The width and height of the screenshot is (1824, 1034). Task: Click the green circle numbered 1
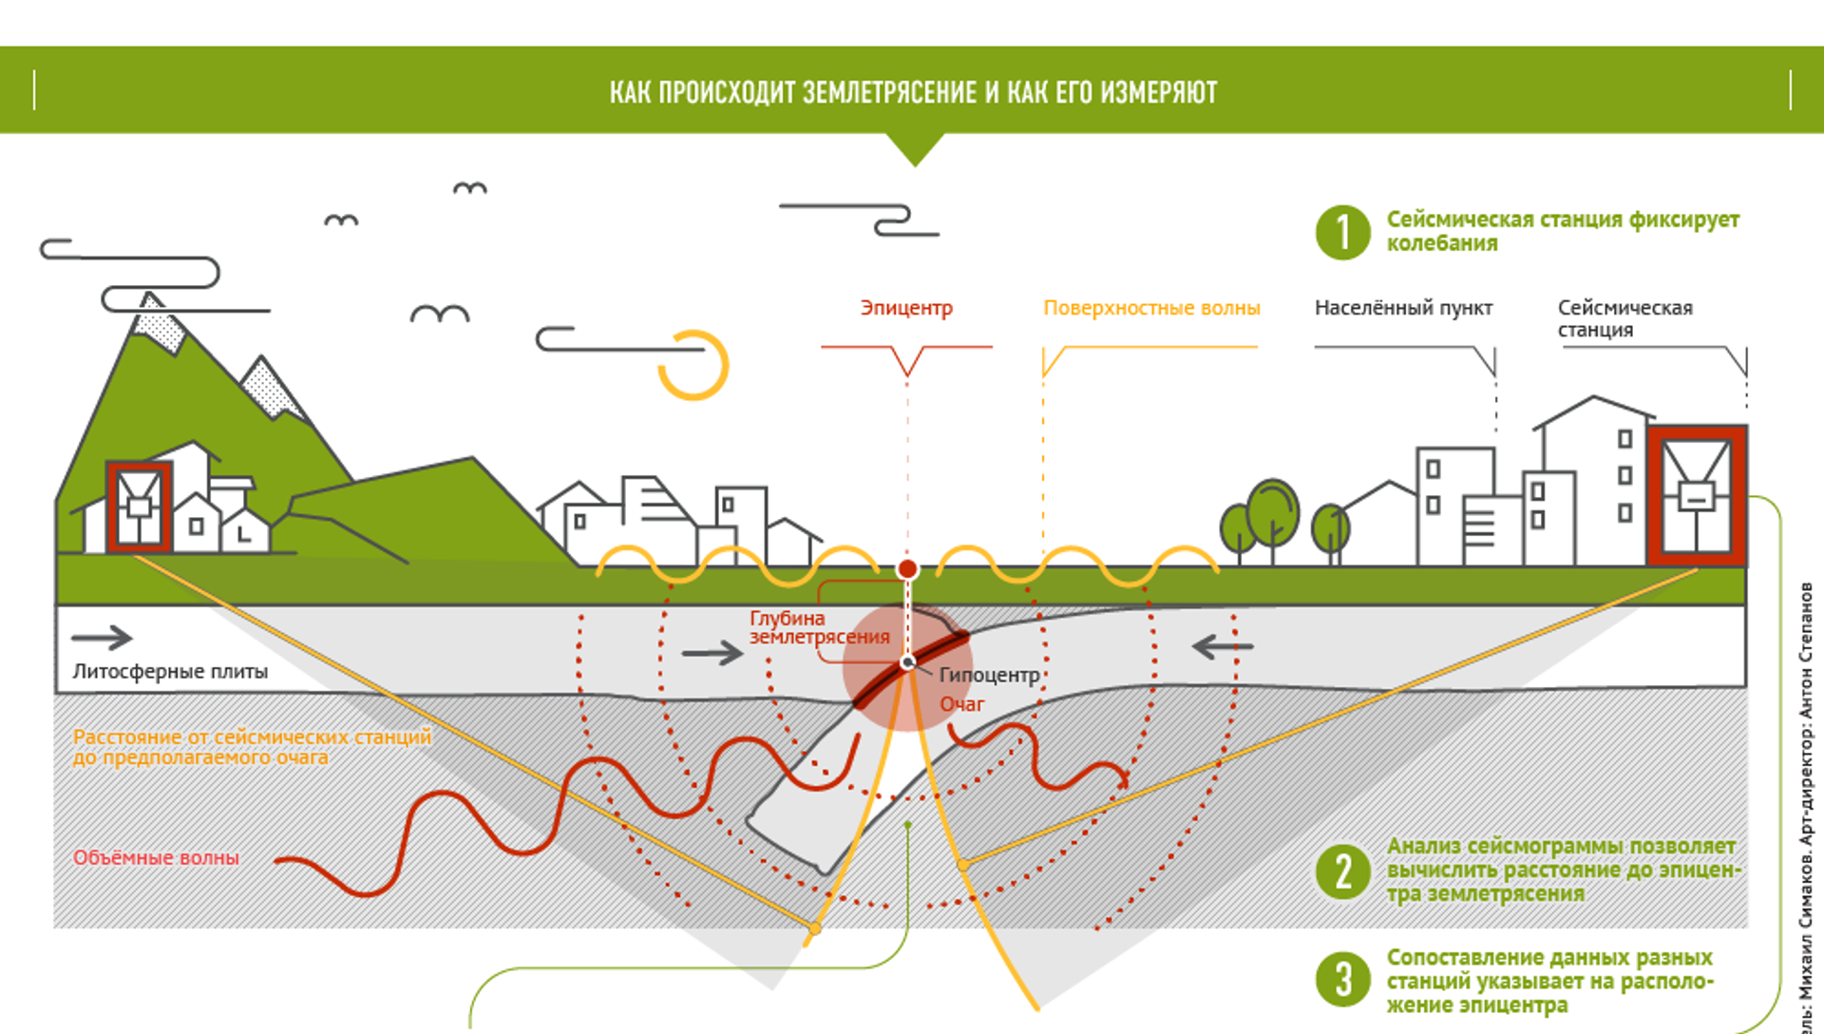pos(1342,232)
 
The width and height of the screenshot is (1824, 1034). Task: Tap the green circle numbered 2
pos(1342,871)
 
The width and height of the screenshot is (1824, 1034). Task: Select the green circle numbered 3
pos(1342,979)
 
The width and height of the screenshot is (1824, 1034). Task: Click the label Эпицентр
pos(906,308)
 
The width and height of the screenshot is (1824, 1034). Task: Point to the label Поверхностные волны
pos(1151,308)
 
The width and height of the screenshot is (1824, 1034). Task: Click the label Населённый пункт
pos(1403,308)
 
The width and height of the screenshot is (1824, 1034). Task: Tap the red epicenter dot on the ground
pos(907,569)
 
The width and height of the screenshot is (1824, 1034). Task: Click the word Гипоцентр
pos(989,675)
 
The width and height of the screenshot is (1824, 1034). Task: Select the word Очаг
pos(962,704)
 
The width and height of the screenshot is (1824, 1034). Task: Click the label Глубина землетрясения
pos(819,628)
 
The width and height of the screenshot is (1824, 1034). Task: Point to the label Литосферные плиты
pos(170,672)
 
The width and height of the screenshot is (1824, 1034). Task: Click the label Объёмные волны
pos(157,857)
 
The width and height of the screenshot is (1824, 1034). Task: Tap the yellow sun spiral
pos(695,365)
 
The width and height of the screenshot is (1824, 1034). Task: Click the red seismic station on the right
pos(1697,495)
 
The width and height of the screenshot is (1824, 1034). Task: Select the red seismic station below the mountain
pos(139,507)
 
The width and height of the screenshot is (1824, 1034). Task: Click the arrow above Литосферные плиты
pos(102,638)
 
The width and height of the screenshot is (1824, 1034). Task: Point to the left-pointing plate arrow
pos(1223,647)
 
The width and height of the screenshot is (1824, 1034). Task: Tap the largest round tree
pos(1272,514)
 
